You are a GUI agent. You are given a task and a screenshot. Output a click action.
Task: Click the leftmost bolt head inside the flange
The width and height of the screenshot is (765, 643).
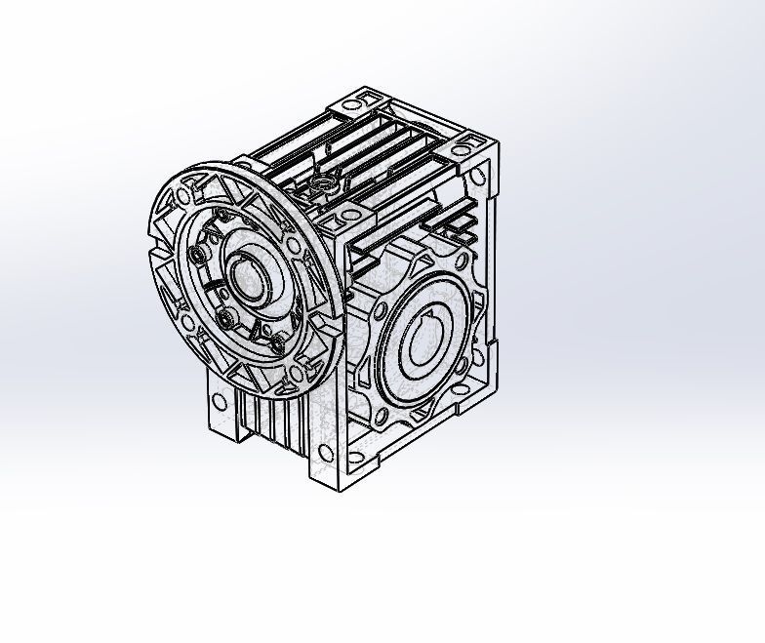click(x=198, y=255)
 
